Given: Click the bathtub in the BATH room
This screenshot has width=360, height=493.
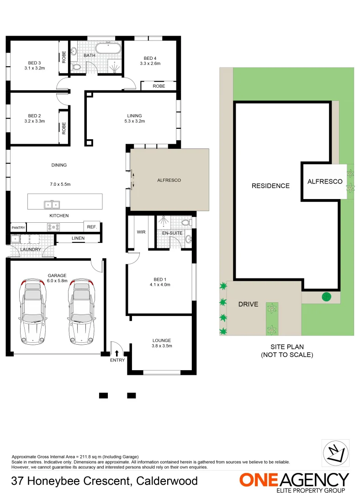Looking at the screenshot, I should click(x=108, y=48).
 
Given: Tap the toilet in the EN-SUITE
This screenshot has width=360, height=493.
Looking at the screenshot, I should click(x=186, y=222).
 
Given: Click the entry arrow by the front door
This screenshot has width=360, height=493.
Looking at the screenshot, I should click(x=117, y=353).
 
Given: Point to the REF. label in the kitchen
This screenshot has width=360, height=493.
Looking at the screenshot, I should click(x=90, y=226).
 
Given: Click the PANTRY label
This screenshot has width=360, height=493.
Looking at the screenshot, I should click(x=18, y=227).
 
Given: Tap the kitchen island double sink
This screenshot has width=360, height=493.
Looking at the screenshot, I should click(x=52, y=204).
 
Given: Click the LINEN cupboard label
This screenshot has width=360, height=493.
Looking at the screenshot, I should click(x=78, y=238).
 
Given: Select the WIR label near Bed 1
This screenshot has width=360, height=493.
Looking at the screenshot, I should click(x=141, y=232).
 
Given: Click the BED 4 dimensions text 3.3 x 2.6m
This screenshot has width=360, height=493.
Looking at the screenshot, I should click(x=150, y=64).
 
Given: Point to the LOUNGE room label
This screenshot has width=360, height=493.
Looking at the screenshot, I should click(x=162, y=341).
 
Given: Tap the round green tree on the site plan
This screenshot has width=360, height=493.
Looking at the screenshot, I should click(x=326, y=297).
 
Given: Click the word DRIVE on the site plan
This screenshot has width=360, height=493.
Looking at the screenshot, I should click(x=248, y=304).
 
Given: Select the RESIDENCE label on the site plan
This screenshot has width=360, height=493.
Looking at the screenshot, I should click(x=270, y=186).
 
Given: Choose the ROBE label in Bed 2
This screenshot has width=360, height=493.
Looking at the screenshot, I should click(x=64, y=127).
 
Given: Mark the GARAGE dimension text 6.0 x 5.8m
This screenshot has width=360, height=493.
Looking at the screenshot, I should click(x=57, y=281).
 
